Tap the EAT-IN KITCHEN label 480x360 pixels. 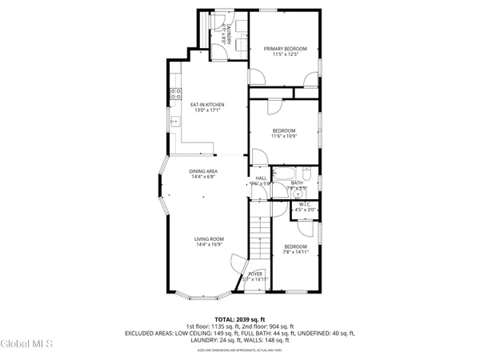(x=206, y=105)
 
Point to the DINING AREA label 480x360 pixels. (x=204, y=171)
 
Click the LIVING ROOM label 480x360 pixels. (x=208, y=238)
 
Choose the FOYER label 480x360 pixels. (x=254, y=274)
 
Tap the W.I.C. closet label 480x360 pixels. (x=305, y=204)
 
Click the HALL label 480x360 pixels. (x=261, y=178)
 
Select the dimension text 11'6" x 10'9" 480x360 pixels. (x=284, y=137)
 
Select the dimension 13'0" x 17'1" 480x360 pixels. (x=206, y=110)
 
